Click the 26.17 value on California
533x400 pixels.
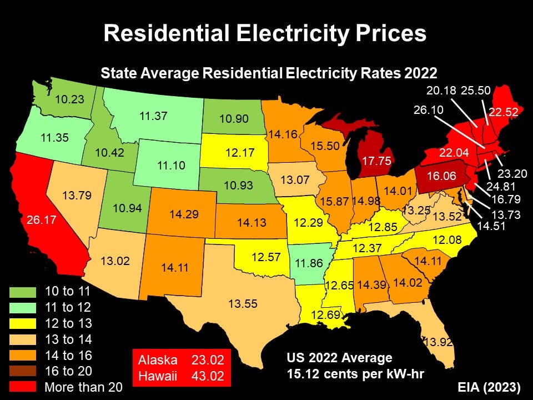pos(42,220)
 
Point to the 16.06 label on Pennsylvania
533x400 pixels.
pos(442,176)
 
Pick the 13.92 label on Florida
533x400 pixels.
pos(439,342)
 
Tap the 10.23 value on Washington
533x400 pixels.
pos(69,100)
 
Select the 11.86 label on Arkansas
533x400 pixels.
pos(309,263)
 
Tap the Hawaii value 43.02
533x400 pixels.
pos(207,376)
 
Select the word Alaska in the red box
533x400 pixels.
pos(158,359)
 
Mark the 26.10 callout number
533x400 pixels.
pos(429,110)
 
